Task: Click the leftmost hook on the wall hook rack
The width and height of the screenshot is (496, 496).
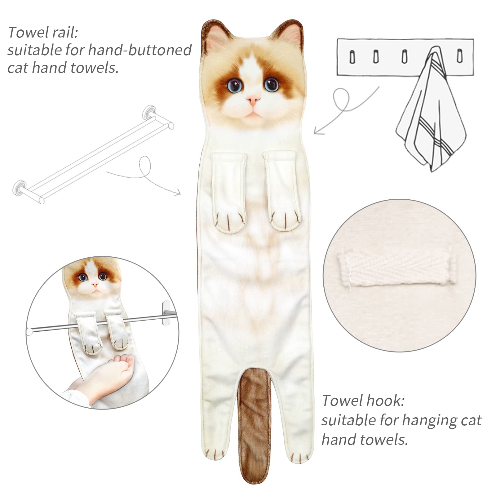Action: coord(352,57)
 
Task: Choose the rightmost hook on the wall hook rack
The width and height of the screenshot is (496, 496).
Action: coord(459,56)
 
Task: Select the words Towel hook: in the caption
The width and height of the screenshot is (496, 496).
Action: coord(363,401)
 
